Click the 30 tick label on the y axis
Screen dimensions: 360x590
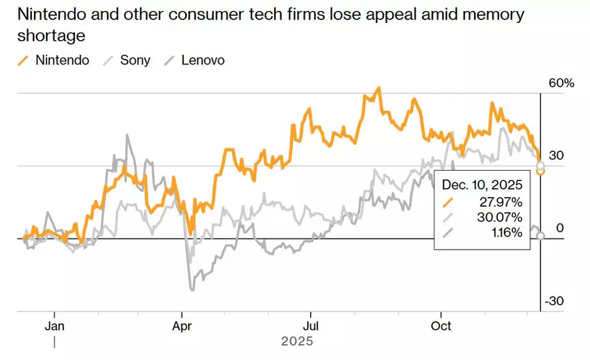(x=556, y=156)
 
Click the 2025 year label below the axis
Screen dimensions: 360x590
(x=297, y=341)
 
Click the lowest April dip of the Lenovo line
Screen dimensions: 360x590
(x=191, y=289)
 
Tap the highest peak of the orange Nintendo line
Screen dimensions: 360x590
(x=378, y=88)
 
